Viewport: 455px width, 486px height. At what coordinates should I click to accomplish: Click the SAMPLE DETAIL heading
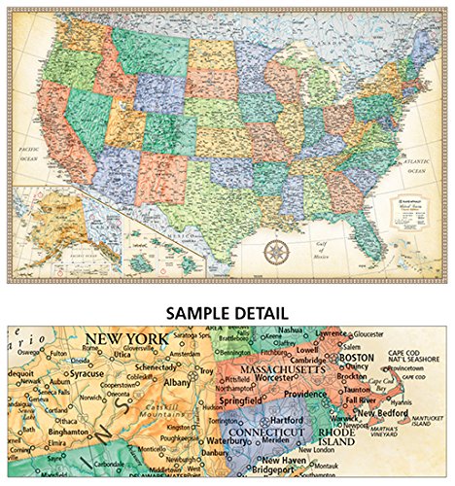(227, 313)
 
